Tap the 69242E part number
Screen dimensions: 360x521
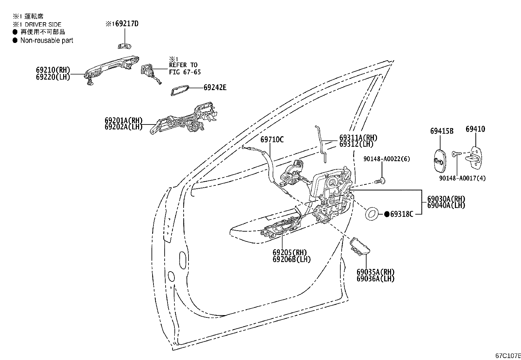pos(215,87)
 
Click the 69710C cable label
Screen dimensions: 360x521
pos(272,140)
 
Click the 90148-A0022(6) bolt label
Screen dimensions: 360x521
pos(386,159)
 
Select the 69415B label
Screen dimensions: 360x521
pos(441,131)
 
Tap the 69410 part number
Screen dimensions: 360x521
pos(475,129)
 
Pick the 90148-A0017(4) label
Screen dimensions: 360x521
pos(462,178)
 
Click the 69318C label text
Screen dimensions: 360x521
pos(402,214)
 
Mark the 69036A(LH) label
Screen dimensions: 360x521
pos(375,279)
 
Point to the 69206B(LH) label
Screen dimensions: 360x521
pos(291,259)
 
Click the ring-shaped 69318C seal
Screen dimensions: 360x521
pos(371,214)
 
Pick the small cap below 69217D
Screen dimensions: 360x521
pos(124,46)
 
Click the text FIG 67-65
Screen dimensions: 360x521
pos(185,72)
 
